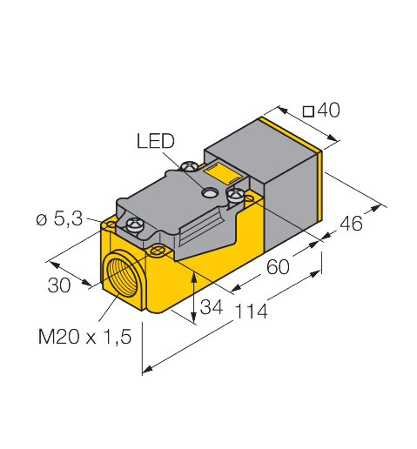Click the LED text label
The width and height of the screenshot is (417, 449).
tap(156, 140)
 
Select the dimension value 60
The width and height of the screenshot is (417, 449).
tap(278, 267)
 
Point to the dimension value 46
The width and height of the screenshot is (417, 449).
tap(351, 224)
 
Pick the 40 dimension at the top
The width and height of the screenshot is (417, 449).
tap(328, 111)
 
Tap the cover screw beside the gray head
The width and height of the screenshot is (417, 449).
tap(234, 195)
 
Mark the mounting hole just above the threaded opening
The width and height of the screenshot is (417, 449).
tap(158, 251)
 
